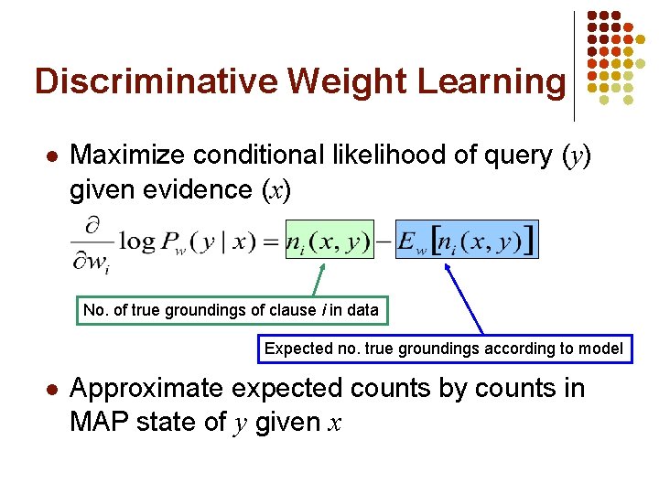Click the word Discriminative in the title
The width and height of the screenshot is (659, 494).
point(157,81)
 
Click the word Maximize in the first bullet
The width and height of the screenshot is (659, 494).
point(133,156)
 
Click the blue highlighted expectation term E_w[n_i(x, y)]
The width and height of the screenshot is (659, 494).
point(467,241)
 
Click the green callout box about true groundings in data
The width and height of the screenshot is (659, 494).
point(231,310)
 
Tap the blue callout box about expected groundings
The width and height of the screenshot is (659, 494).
point(443,349)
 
